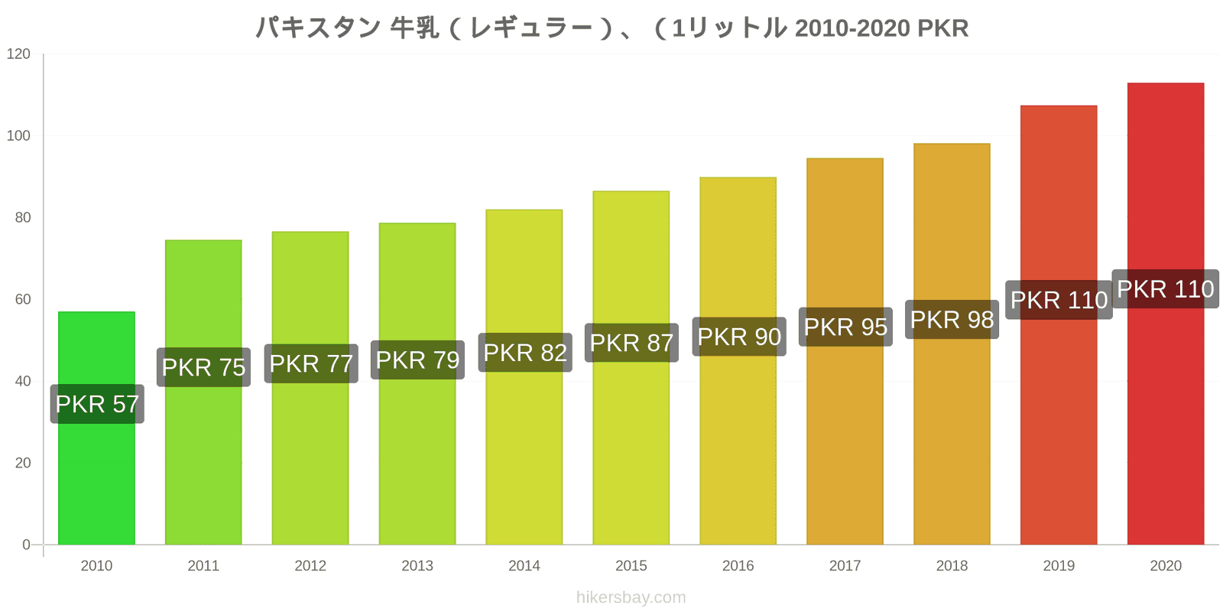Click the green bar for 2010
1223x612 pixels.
pyautogui.click(x=96, y=474)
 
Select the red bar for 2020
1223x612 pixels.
pyautogui.click(x=1165, y=421)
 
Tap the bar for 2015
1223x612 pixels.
pyautogui.click(x=631, y=444)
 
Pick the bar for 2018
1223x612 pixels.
pyautogui.click(x=952, y=436)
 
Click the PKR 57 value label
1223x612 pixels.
pyautogui.click(x=97, y=404)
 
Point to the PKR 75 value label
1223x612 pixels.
pyautogui.click(x=203, y=367)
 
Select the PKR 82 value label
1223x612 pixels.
pyautogui.click(x=525, y=353)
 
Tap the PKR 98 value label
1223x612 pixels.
pyautogui.click(x=952, y=320)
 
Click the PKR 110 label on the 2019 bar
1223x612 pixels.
pyautogui.click(x=1059, y=300)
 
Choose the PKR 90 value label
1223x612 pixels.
pyautogui.click(x=739, y=337)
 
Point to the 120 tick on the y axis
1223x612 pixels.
pyautogui.click(x=18, y=54)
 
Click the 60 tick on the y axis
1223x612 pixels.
pyautogui.click(x=23, y=299)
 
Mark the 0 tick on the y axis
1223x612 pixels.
pyautogui.click(x=26, y=545)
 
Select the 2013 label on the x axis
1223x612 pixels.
pyautogui.click(x=417, y=566)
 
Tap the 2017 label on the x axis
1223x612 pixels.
pyautogui.click(x=845, y=566)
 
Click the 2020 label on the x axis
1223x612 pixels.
pyautogui.click(x=1165, y=566)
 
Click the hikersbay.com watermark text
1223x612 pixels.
pyautogui.click(x=631, y=597)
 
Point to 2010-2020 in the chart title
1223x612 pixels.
pyautogui.click(x=852, y=28)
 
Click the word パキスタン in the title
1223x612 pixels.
pyautogui.click(x=317, y=28)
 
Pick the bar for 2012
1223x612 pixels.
pyautogui.click(x=310, y=459)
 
